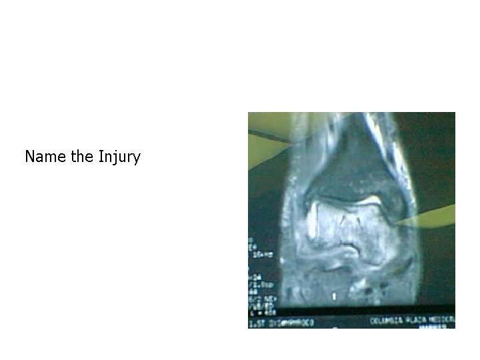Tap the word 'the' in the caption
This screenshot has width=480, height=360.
83,157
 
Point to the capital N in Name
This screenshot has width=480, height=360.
30,157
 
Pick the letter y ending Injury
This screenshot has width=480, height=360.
137,159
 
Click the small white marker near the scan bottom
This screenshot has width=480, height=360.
333,294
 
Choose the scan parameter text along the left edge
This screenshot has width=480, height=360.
254,273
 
